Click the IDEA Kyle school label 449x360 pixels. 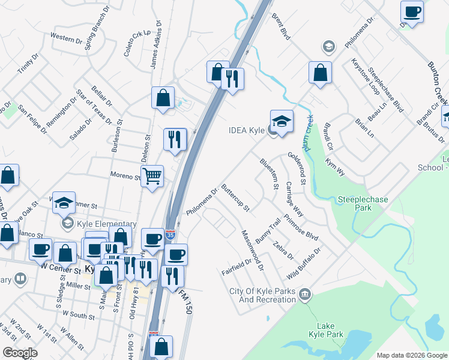pos(247,130)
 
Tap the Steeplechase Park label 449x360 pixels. pos(363,203)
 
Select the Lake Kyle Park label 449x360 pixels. pos(325,329)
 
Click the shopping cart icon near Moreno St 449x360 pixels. pos(152,176)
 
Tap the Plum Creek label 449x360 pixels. pos(309,133)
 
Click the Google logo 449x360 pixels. pos(20,352)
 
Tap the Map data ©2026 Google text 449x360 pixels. pos(411,355)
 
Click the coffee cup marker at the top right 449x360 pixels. pos(412,11)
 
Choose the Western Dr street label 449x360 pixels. pos(67,38)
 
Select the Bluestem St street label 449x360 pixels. pos(269,173)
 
